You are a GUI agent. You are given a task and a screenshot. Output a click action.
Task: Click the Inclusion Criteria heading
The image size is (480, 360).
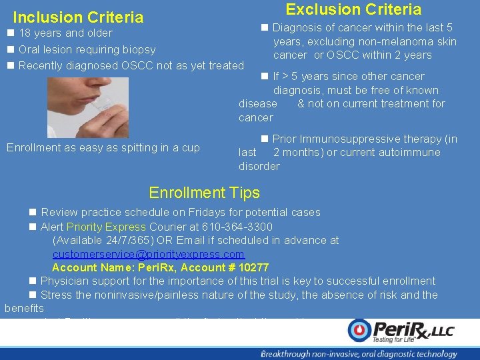coord(78,17)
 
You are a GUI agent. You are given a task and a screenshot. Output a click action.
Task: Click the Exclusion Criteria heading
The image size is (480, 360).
coord(353,9)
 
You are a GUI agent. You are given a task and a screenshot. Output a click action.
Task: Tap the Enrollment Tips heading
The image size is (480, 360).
coord(204,193)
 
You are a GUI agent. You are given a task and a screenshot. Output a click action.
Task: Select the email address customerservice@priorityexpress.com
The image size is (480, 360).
coord(149,255)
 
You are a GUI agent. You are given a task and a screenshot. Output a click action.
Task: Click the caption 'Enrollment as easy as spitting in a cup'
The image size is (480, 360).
coord(103,148)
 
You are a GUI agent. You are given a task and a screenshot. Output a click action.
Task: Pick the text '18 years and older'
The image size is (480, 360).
coord(65,33)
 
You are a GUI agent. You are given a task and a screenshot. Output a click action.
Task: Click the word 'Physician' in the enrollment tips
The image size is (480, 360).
coord(65,281)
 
